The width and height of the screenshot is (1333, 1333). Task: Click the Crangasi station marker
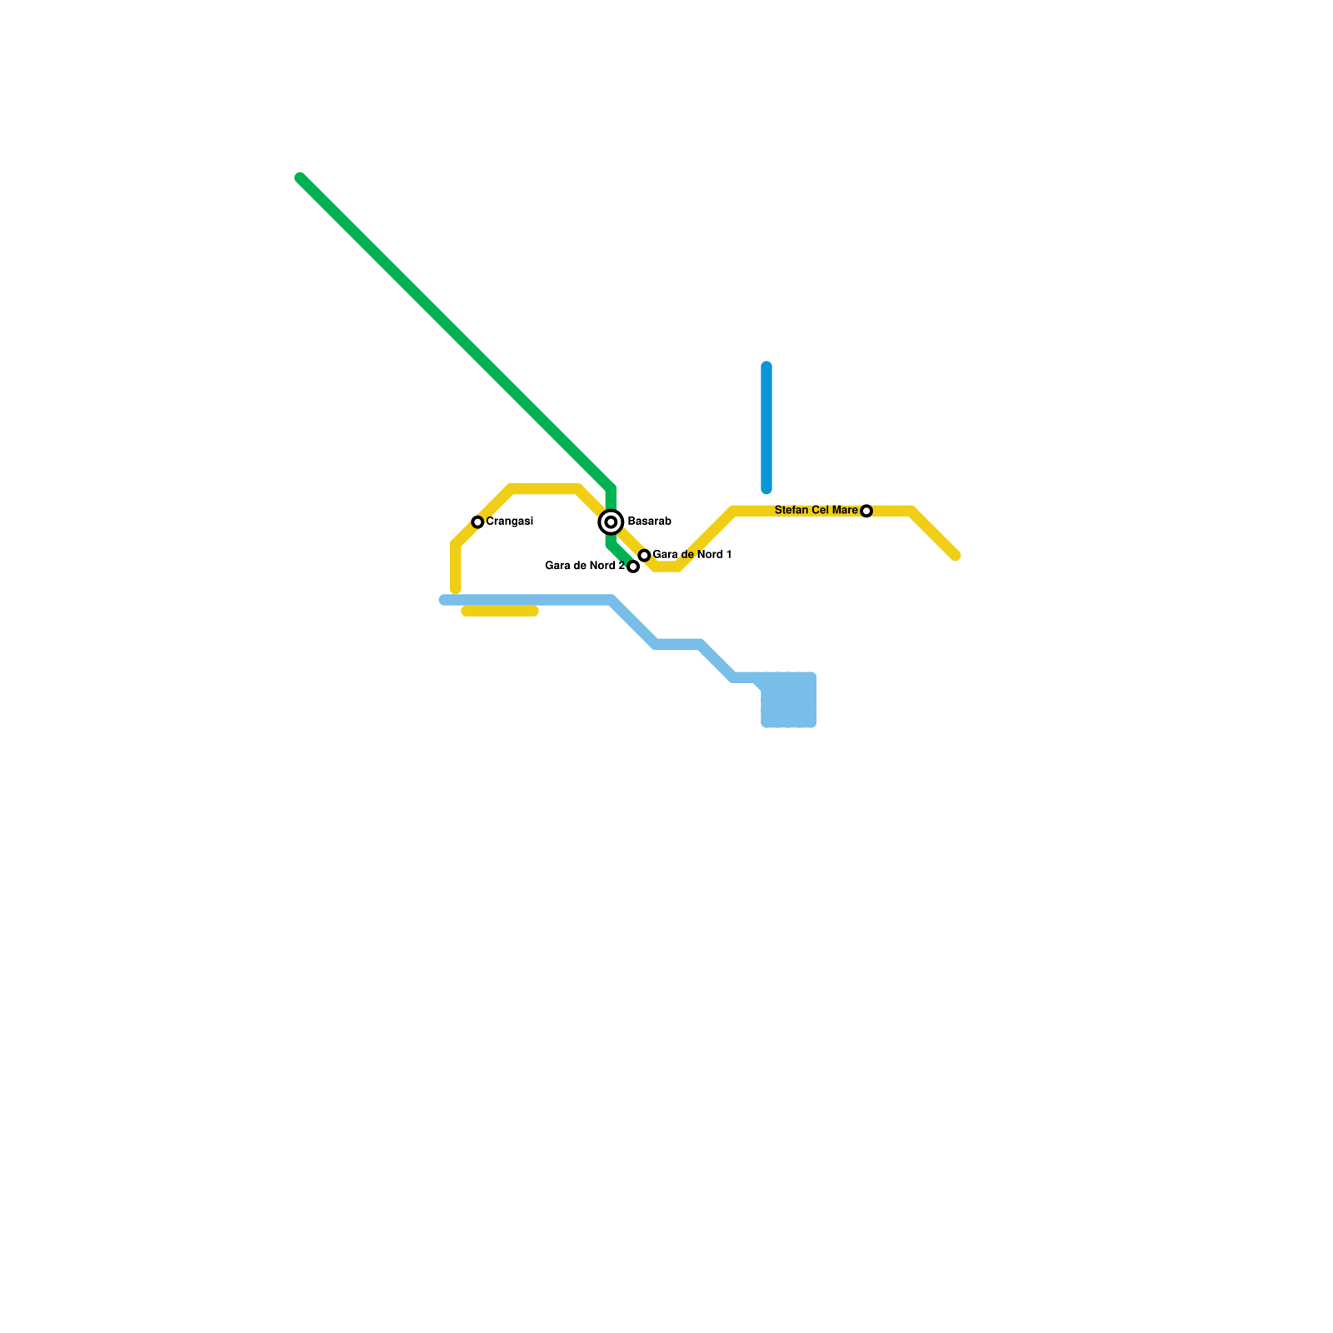click(x=477, y=522)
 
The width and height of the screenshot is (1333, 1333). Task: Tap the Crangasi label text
click(x=509, y=522)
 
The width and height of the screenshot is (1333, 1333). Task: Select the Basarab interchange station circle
click(x=612, y=522)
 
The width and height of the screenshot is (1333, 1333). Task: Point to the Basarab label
click(x=649, y=522)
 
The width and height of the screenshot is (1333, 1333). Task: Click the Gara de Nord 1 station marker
click(x=644, y=556)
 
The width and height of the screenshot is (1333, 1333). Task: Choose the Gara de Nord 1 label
click(x=691, y=555)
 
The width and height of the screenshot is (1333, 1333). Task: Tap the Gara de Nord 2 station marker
click(x=633, y=567)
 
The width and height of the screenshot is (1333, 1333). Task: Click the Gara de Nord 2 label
click(x=584, y=566)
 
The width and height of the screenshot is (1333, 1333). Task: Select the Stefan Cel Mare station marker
click(x=866, y=511)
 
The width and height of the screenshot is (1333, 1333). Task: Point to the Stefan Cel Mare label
click(x=816, y=510)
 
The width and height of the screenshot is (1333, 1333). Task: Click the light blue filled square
click(x=788, y=700)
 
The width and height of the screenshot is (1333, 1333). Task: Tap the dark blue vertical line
click(x=766, y=427)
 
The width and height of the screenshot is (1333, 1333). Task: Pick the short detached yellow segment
click(x=500, y=612)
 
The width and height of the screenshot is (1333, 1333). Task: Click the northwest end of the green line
click(x=300, y=177)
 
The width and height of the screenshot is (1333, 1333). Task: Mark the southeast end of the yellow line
click(x=956, y=556)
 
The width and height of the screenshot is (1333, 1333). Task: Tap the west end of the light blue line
click(x=444, y=600)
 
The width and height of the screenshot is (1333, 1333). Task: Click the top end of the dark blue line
click(x=766, y=367)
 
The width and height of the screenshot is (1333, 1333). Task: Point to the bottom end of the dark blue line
click(x=766, y=489)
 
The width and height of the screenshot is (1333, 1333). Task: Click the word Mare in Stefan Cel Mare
click(x=844, y=510)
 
